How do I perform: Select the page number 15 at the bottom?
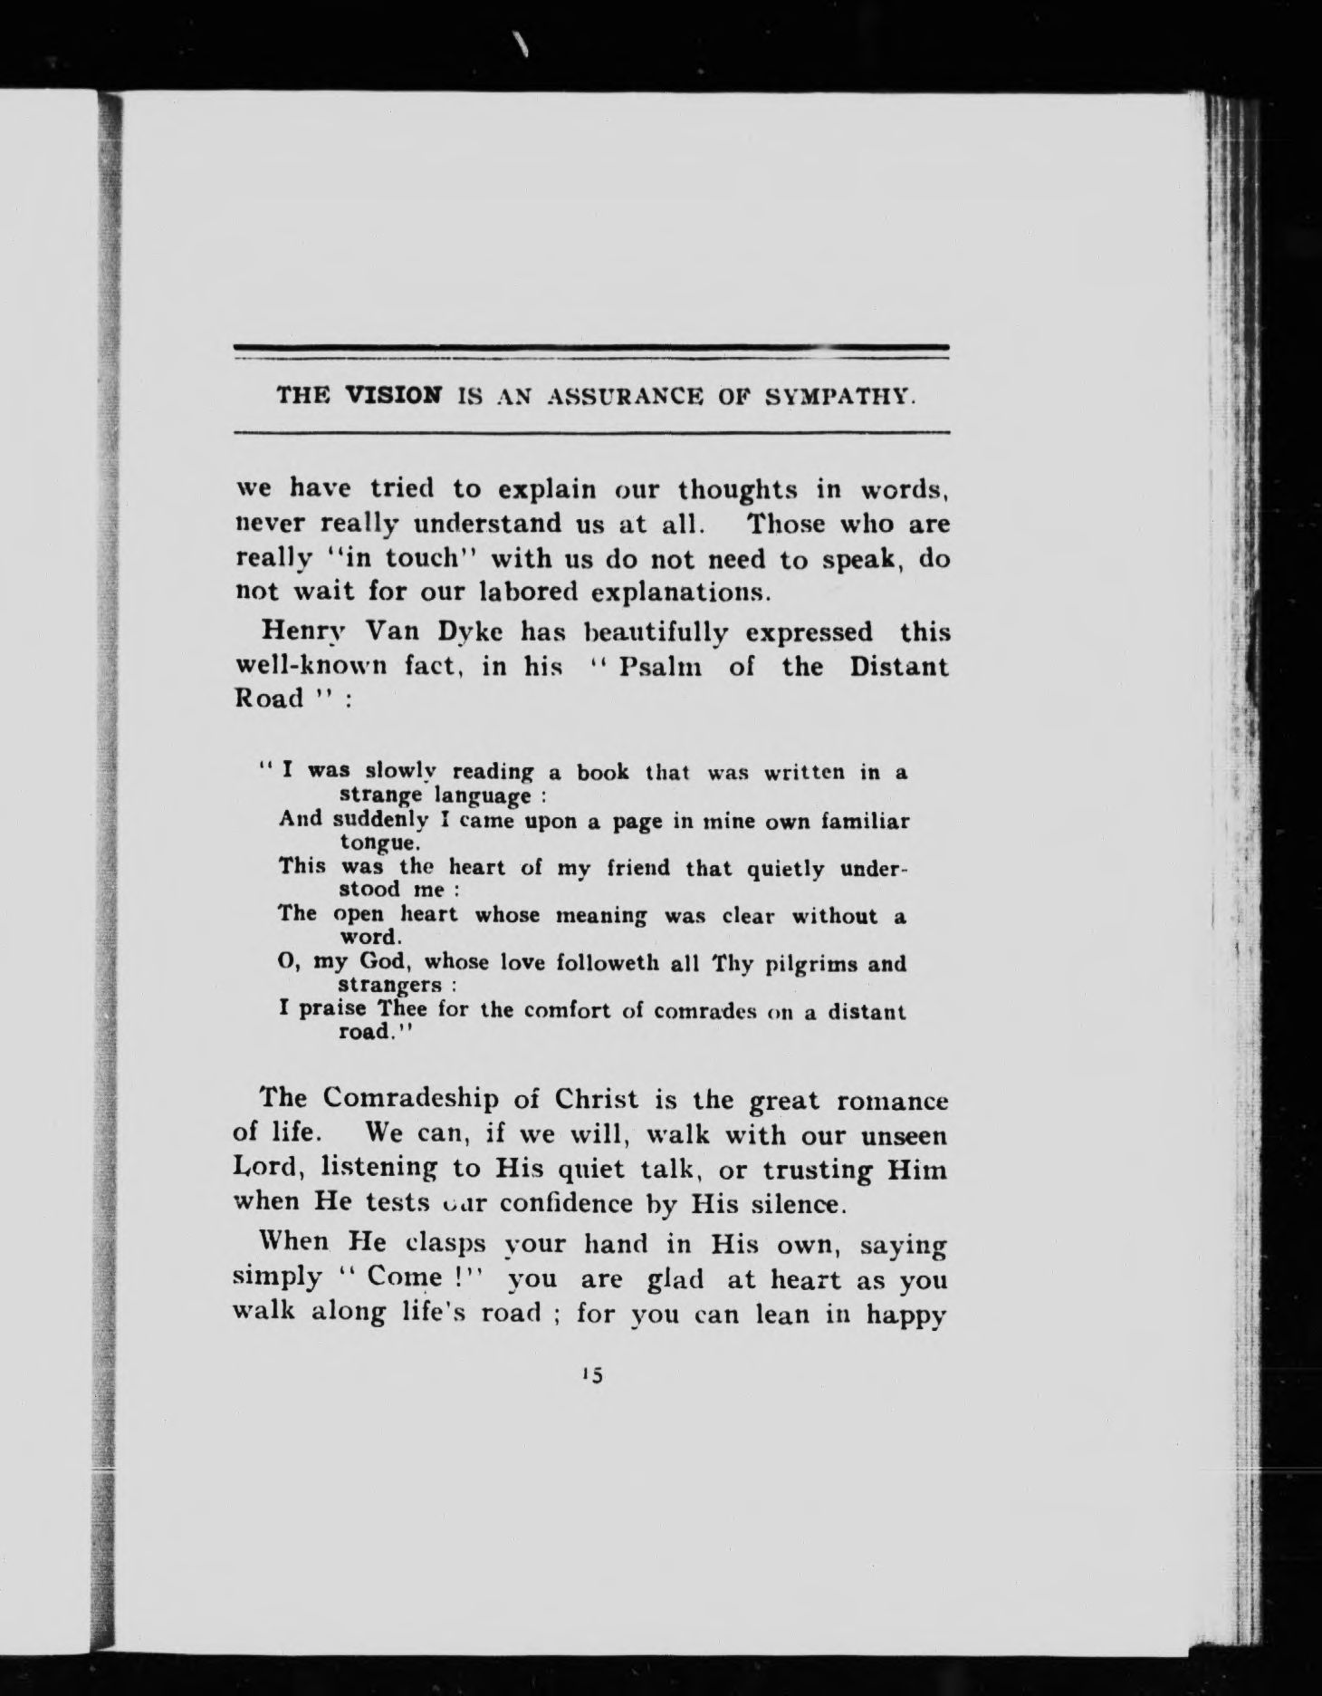pos(594,1401)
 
